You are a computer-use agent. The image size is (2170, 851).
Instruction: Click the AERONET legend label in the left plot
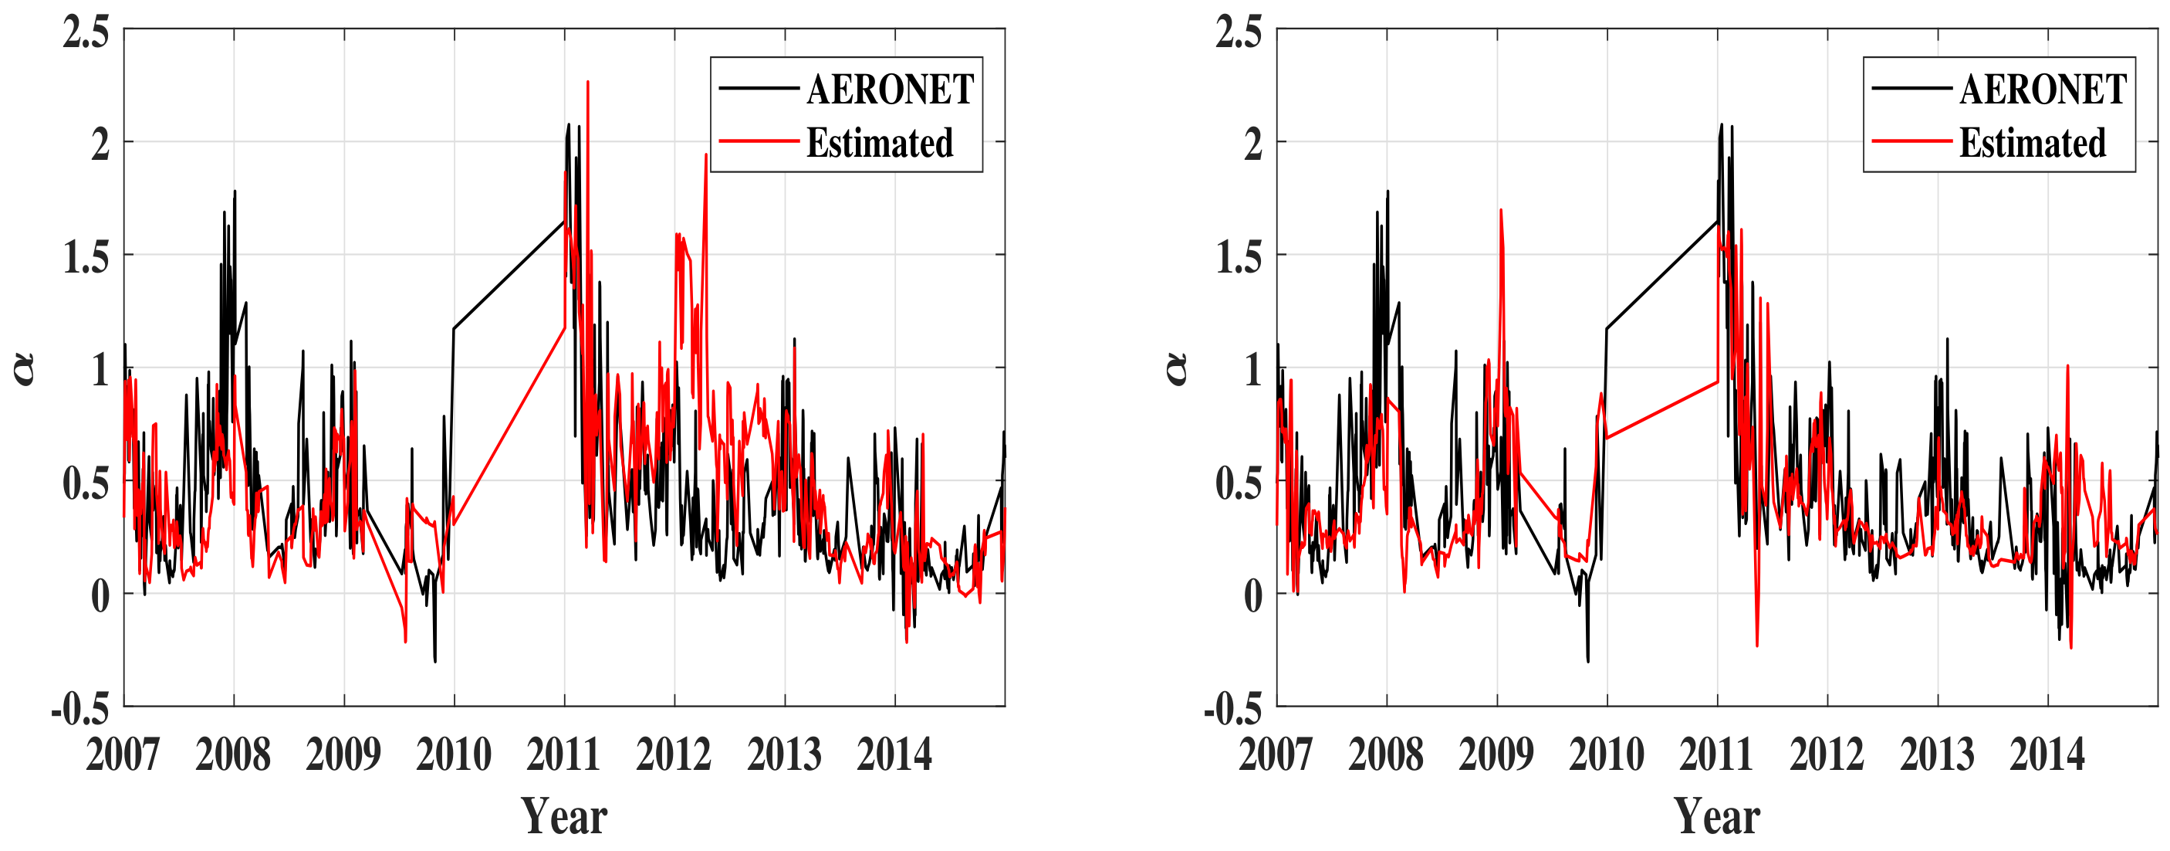[x=890, y=90]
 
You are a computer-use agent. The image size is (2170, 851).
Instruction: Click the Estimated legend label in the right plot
[x=2032, y=142]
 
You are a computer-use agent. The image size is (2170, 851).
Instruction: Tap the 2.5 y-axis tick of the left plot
[x=85, y=32]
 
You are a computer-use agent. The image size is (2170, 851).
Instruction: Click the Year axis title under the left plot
[x=563, y=815]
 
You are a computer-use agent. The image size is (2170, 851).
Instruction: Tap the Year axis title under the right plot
[x=1716, y=815]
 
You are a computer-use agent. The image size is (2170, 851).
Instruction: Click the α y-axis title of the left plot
[x=25, y=368]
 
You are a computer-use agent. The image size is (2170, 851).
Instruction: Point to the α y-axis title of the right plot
[x=1178, y=368]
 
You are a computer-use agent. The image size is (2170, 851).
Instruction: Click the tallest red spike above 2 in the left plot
[x=587, y=83]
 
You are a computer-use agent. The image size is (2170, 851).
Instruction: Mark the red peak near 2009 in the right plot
[x=1500, y=211]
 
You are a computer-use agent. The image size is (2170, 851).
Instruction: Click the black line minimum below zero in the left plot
[x=434, y=660]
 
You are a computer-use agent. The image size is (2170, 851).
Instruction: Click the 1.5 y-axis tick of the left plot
[x=85, y=257]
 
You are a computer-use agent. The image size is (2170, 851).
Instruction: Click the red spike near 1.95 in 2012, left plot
[x=706, y=155]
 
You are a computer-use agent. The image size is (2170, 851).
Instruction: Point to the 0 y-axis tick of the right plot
[x=1252, y=596]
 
